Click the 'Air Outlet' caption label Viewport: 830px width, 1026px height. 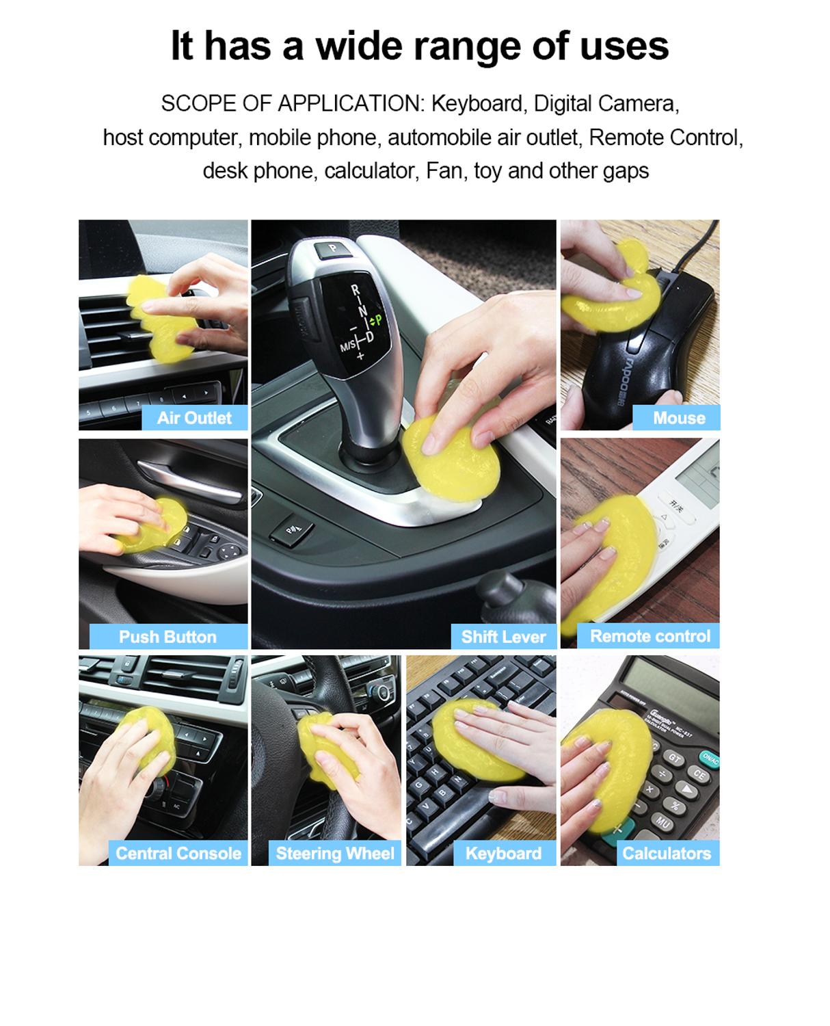(194, 418)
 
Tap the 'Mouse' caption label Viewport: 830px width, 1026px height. (678, 418)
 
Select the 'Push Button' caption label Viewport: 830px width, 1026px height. (168, 637)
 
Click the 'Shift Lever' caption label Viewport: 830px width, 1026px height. (503, 637)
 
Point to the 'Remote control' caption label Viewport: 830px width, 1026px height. (650, 636)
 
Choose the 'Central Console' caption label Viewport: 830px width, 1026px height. (178, 853)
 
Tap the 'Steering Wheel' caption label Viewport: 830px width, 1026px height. (335, 853)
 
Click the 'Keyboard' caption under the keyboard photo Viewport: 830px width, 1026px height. (503, 853)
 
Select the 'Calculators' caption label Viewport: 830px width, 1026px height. (666, 853)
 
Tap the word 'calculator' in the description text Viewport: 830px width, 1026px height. (370, 170)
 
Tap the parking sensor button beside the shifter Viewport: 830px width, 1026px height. (291, 531)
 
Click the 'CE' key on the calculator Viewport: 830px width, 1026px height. (699, 775)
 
